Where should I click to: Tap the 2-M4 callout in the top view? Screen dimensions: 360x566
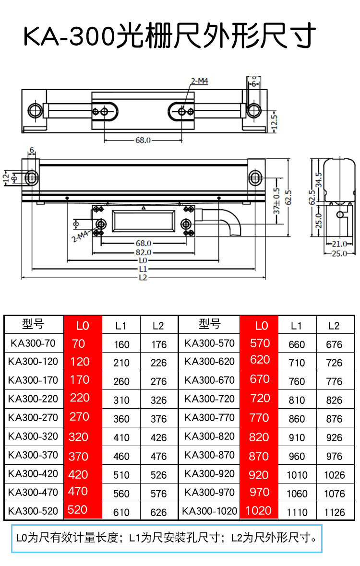point(200,81)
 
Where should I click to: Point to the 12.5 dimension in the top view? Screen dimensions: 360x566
point(275,122)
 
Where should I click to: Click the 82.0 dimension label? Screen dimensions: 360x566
point(144,252)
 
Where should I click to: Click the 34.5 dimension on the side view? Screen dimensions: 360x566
point(318,180)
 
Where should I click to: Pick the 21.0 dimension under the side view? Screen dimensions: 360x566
point(339,244)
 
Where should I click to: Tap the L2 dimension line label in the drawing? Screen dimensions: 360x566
point(144,278)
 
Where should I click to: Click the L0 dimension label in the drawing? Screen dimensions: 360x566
point(143,260)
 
